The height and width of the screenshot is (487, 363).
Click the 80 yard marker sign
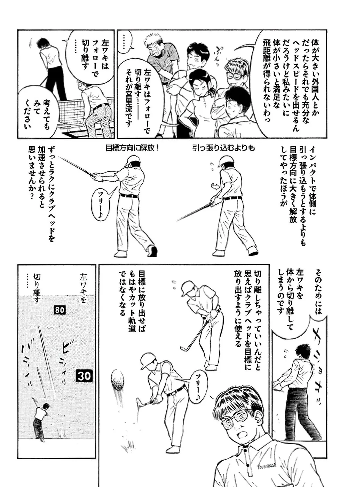59,310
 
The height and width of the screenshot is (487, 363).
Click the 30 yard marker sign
84,376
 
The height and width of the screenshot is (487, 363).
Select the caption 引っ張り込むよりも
223,149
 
